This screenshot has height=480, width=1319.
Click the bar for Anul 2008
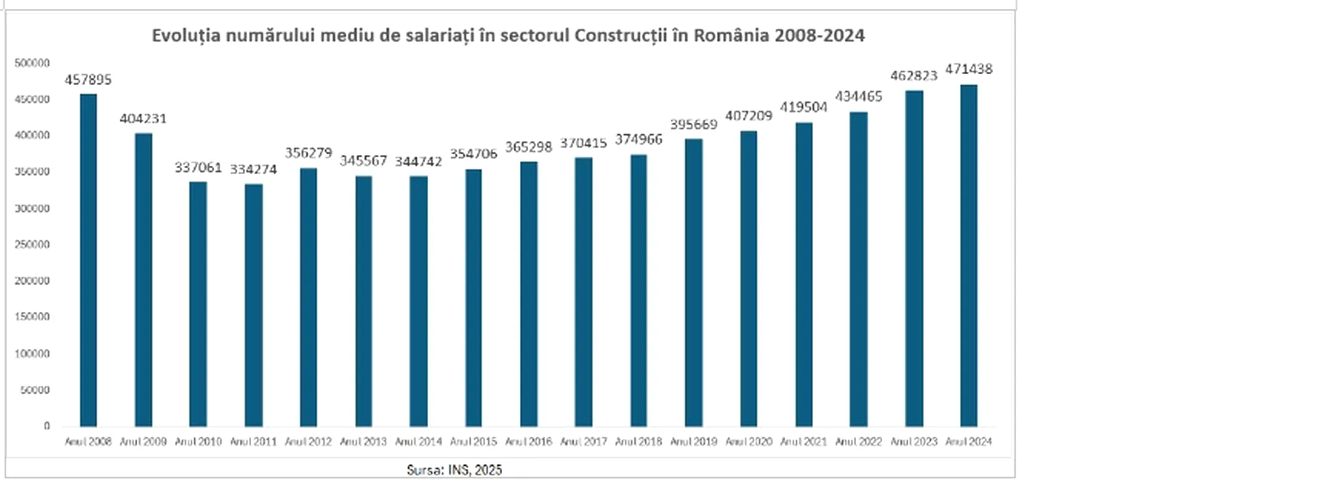pos(88,261)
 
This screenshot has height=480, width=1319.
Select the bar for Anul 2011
pos(253,305)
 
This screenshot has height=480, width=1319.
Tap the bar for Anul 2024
pos(969,256)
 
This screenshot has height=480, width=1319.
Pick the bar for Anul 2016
pos(529,294)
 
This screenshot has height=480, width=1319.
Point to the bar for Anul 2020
pos(748,279)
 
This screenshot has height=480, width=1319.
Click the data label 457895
pos(88,80)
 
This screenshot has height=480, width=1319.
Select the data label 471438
pos(969,69)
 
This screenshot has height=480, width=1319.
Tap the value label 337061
pos(198,167)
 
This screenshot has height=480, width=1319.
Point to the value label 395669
pos(693,124)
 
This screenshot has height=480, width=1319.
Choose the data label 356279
pos(309,153)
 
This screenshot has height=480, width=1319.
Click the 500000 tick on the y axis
pos(32,63)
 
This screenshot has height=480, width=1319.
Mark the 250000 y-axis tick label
pos(32,244)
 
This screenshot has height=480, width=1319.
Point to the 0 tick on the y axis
pos(47,426)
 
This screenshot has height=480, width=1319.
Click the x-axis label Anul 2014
pos(418,442)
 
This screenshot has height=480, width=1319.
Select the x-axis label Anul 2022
pos(859,442)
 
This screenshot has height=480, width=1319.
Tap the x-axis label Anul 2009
pos(143,442)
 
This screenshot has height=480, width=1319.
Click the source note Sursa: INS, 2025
pos(454,470)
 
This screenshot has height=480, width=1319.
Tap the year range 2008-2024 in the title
pos(820,35)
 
